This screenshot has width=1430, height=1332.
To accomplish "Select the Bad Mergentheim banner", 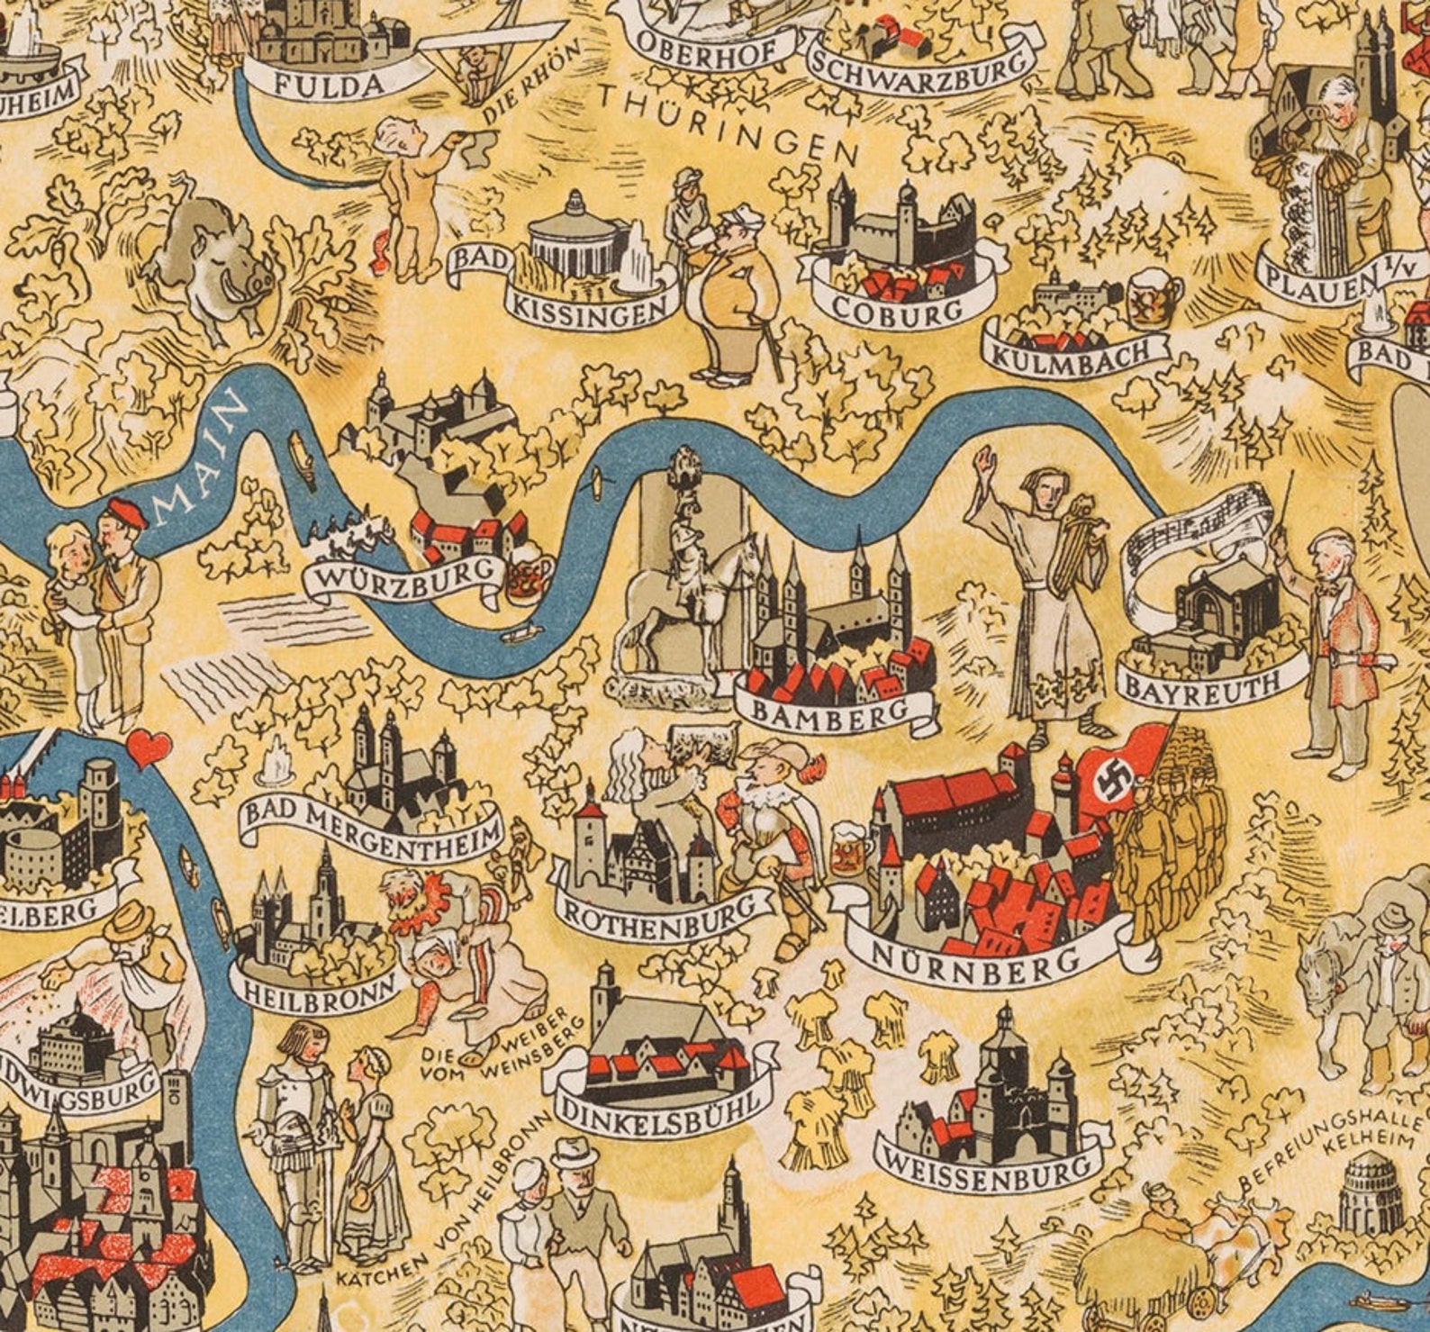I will (371, 826).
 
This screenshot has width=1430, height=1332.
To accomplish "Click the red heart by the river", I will (149, 747).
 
